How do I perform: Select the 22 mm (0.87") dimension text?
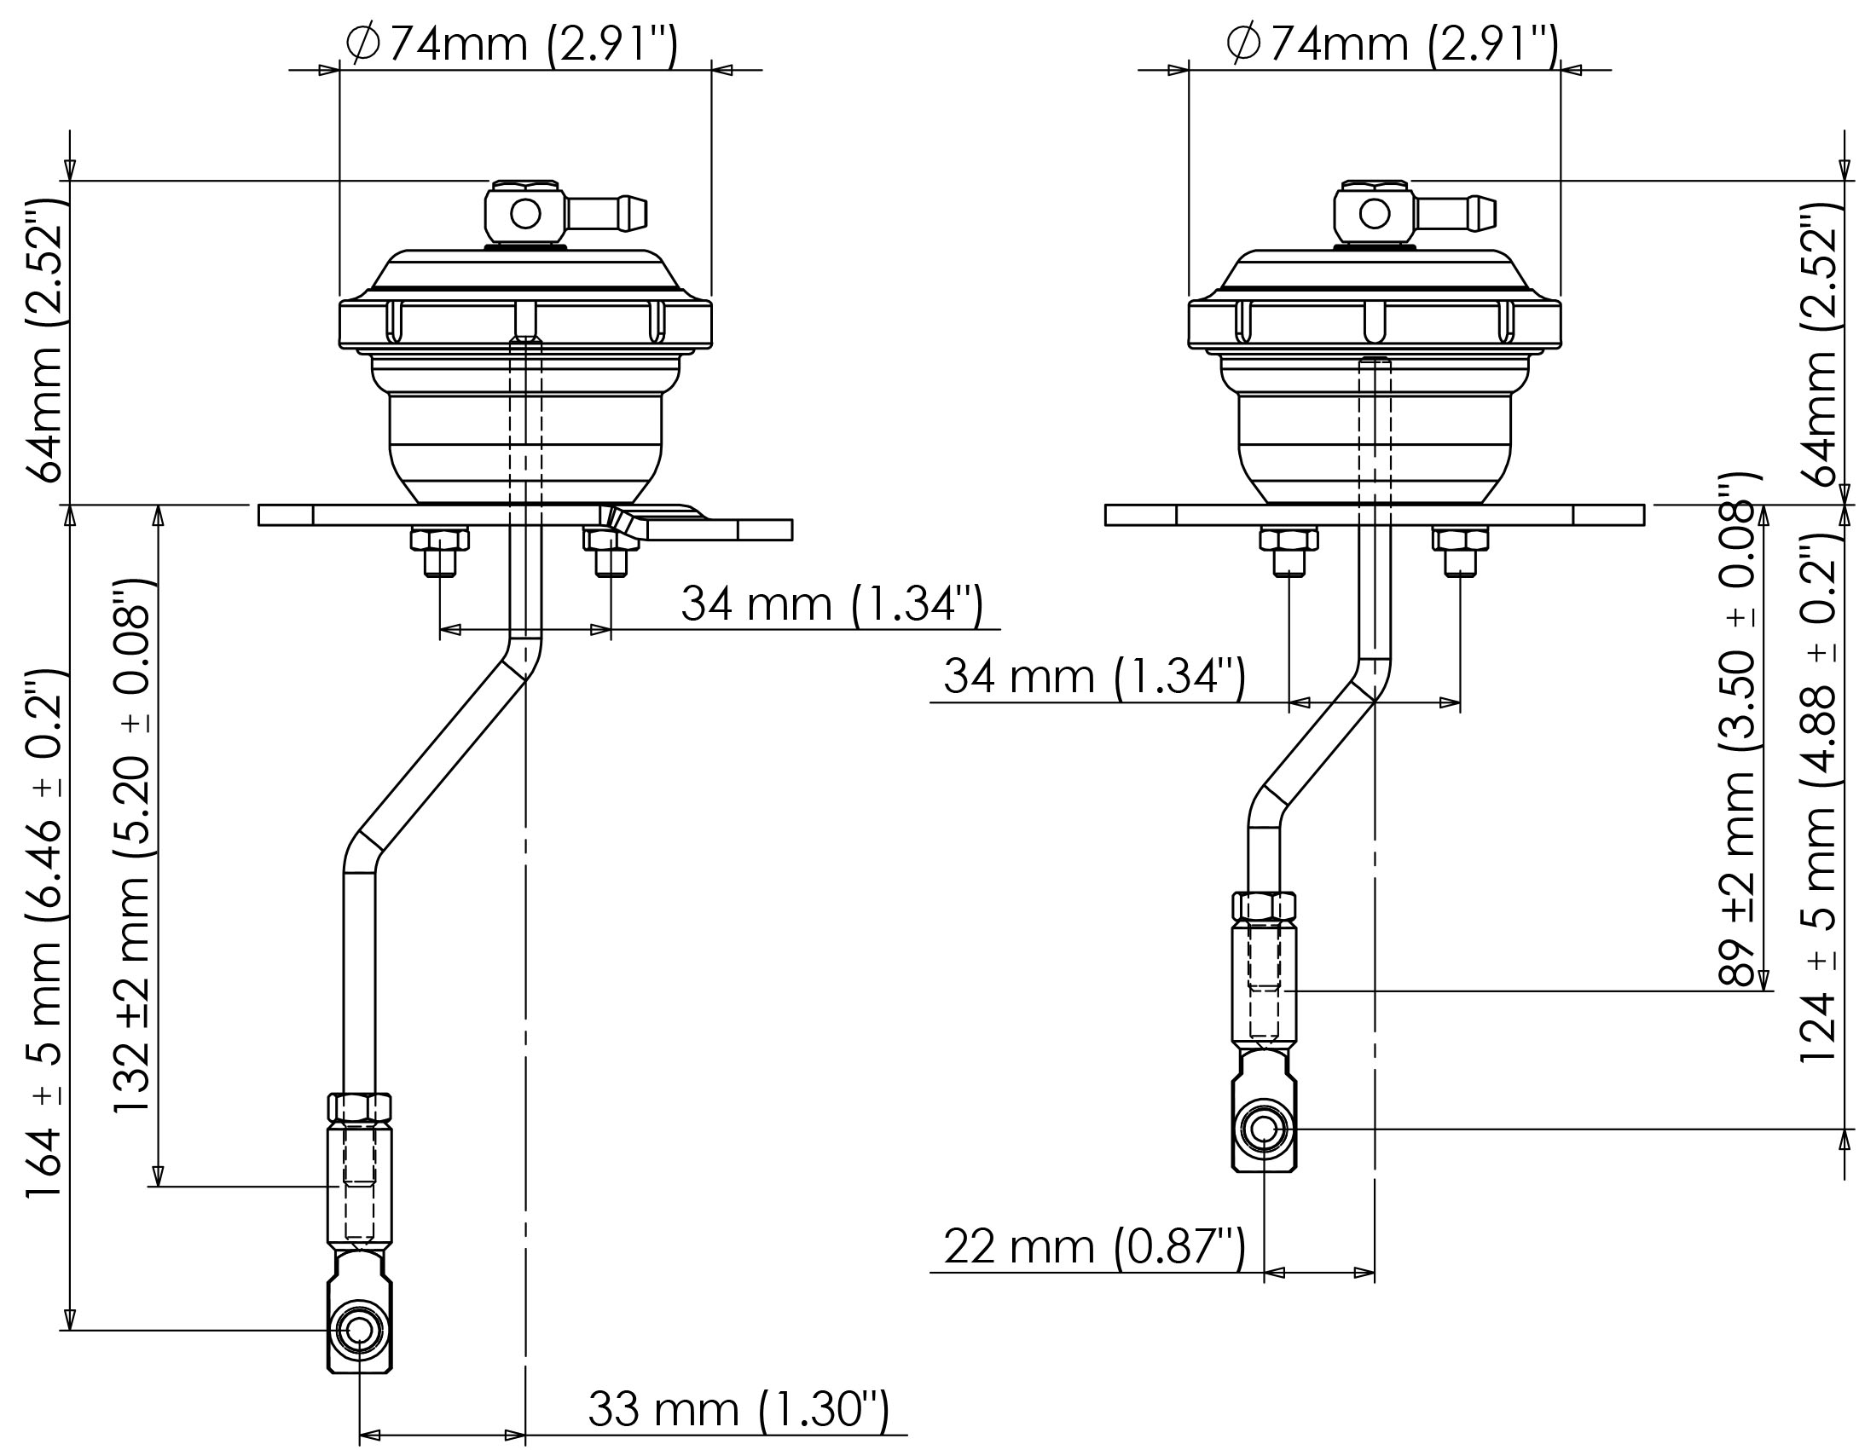(1095, 1248)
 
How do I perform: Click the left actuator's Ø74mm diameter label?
(512, 43)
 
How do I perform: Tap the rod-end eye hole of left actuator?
(359, 1331)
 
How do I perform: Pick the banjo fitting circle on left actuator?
(525, 213)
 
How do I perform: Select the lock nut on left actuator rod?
(359, 1108)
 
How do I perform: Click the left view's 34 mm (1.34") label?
(831, 604)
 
